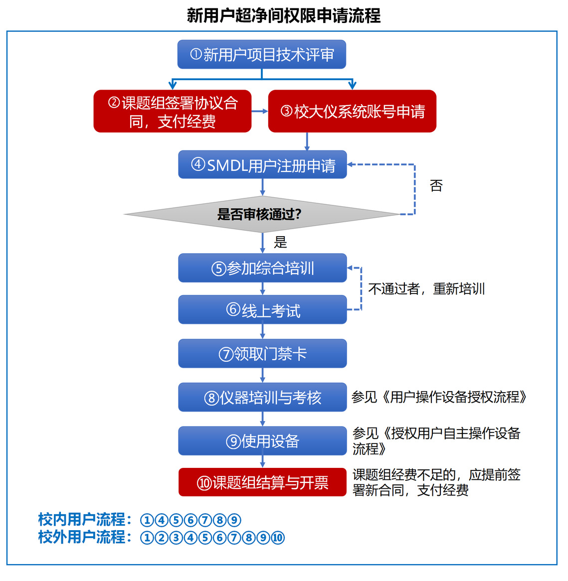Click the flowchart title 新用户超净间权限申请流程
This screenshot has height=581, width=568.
pos(284,15)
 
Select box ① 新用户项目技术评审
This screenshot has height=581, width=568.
pos(262,54)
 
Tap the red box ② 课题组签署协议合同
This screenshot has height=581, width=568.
pos(173,111)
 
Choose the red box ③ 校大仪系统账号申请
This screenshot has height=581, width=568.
pos(352,111)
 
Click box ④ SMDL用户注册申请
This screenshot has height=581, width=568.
pos(262,164)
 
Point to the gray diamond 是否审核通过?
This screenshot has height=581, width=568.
pos(262,214)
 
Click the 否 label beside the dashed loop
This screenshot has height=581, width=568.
pos(436,186)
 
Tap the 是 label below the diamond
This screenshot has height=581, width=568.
pos(280,243)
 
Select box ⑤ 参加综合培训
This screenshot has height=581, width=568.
pos(262,268)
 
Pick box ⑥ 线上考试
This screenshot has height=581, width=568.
pos(262,310)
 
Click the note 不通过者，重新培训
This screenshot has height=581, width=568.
pos(426,289)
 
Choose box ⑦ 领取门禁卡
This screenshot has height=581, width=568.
pos(262,353)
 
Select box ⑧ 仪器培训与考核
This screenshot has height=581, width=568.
pos(262,397)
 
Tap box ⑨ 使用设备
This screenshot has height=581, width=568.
pos(262,441)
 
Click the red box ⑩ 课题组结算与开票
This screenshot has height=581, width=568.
pos(262,482)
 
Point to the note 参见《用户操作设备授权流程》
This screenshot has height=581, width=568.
pos(439,397)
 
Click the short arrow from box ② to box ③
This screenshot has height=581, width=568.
pos(260,111)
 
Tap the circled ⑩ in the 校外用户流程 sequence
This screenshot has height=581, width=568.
pos(278,538)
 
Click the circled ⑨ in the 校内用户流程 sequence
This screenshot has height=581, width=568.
pos(234,520)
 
